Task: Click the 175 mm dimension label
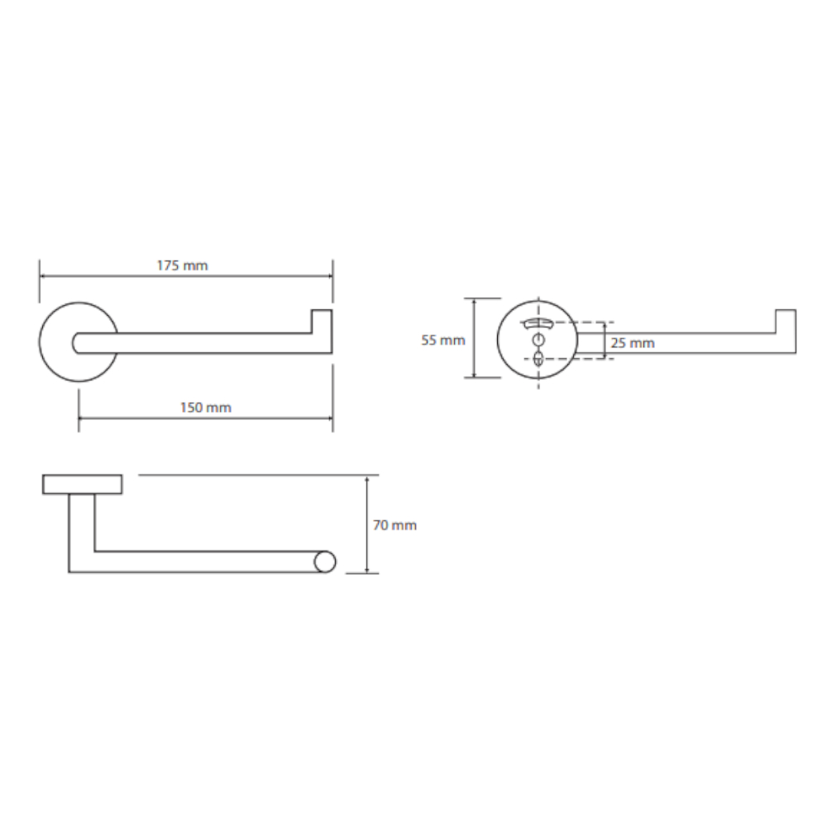pyautogui.click(x=183, y=265)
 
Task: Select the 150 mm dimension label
pyautogui.click(x=206, y=408)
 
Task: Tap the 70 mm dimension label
pyautogui.click(x=395, y=525)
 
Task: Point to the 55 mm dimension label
pyautogui.click(x=443, y=340)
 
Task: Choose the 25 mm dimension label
pyautogui.click(x=633, y=343)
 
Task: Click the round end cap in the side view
pyautogui.click(x=324, y=562)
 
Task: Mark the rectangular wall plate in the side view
pyautogui.click(x=82, y=484)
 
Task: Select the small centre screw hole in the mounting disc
pyautogui.click(x=538, y=338)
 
